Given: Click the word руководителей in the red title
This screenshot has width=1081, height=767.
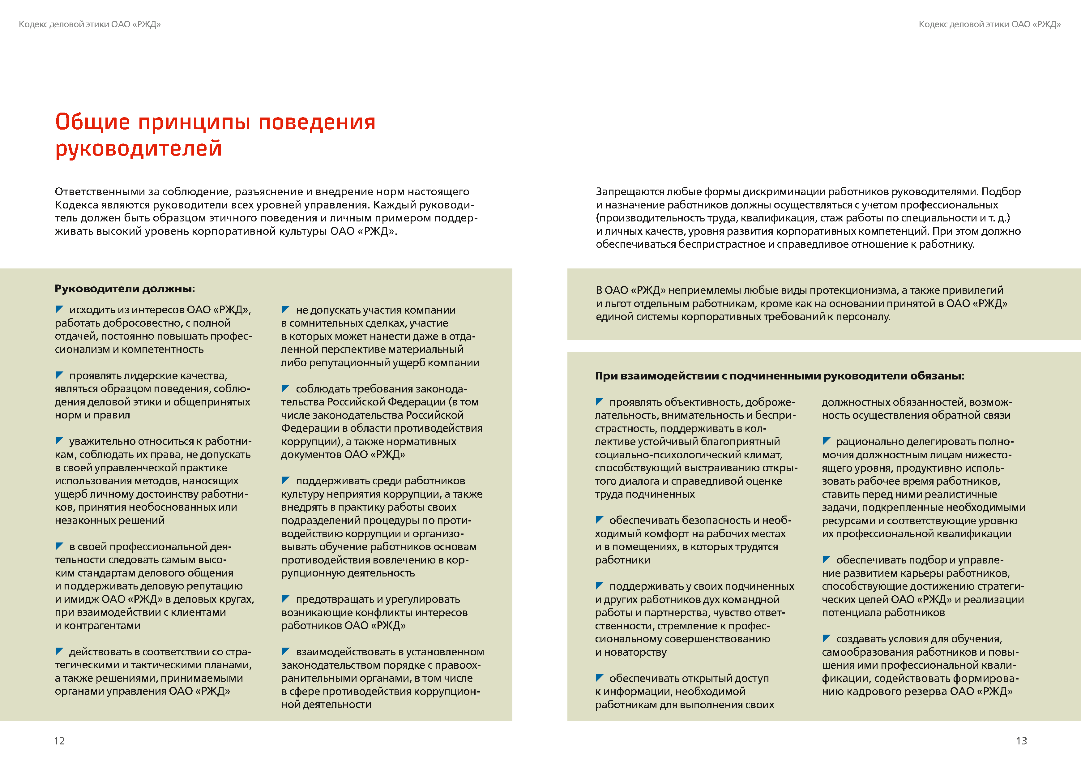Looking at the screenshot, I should (x=138, y=148).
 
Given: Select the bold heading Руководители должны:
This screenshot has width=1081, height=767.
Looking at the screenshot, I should (x=125, y=289).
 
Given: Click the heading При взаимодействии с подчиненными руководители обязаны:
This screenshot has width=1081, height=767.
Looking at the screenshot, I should (x=779, y=376).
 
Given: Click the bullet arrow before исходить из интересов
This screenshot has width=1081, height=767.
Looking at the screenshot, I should (x=59, y=309).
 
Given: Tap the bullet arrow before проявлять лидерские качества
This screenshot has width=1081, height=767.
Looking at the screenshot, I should (x=59, y=375).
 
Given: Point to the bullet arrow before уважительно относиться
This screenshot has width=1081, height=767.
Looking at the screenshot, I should (x=59, y=441).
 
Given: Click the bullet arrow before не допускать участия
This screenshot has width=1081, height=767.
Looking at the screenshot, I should (x=286, y=309).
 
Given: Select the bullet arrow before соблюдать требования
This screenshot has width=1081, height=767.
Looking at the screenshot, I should (x=286, y=388).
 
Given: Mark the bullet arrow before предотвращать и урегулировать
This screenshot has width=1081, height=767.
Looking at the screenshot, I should (x=286, y=598).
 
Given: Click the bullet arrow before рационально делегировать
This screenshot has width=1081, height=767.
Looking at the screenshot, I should (x=826, y=441).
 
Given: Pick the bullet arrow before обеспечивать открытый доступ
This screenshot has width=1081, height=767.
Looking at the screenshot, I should (x=600, y=678).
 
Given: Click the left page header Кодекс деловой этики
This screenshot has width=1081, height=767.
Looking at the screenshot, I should (x=90, y=24).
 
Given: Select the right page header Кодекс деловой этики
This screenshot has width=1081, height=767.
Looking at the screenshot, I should (x=989, y=24).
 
